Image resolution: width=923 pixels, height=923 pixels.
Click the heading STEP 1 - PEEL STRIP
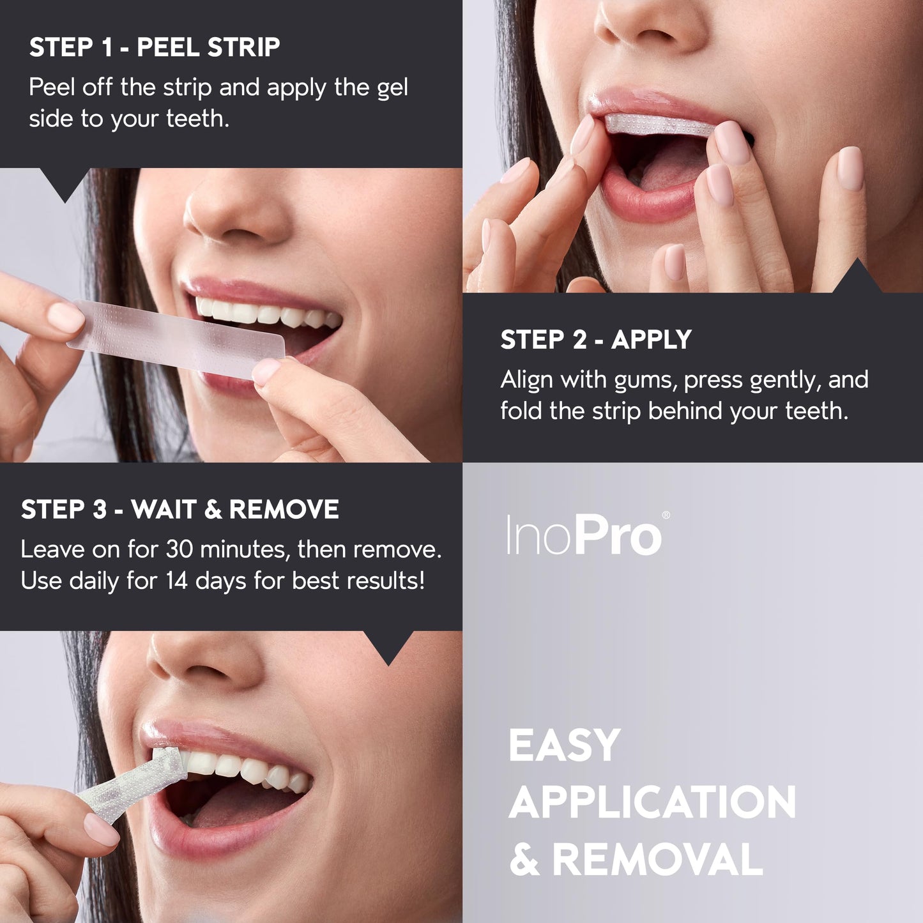click(155, 48)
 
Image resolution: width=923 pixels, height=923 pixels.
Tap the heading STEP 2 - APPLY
click(595, 340)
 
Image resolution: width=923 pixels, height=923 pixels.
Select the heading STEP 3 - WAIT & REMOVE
click(179, 510)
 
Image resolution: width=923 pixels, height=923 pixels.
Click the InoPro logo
click(584, 535)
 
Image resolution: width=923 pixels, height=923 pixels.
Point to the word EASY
click(564, 745)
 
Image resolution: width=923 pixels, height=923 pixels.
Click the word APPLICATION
click(652, 802)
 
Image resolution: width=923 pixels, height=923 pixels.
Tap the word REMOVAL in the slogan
click(657, 860)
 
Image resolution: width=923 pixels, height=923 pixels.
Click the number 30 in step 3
click(179, 549)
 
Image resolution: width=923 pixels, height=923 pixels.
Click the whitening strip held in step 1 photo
click(176, 339)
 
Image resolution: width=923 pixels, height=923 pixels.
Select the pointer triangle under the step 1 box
click(65, 185)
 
